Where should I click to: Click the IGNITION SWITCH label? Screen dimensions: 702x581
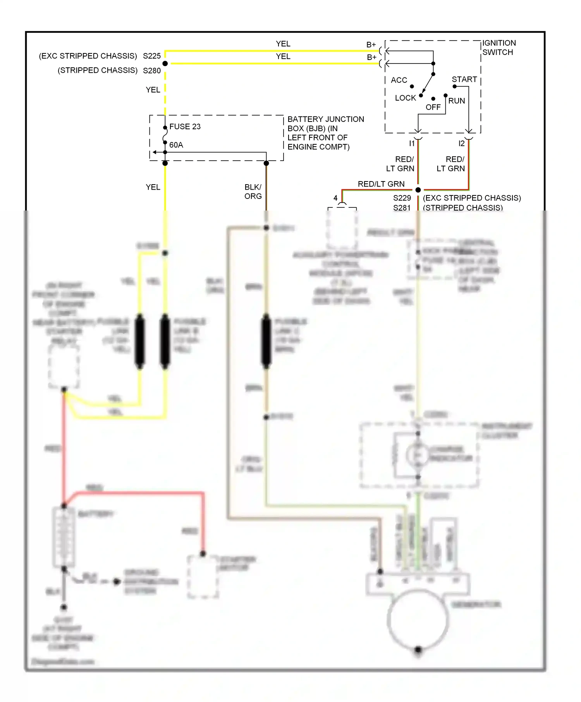pyautogui.click(x=498, y=48)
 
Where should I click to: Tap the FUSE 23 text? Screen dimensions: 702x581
pyautogui.click(x=185, y=127)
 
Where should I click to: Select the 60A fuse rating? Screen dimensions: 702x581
pyautogui.click(x=176, y=145)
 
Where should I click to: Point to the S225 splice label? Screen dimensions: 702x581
pyautogui.click(x=151, y=56)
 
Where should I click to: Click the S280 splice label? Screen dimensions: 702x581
pyautogui.click(x=151, y=70)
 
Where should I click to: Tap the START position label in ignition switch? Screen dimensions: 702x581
pyautogui.click(x=464, y=79)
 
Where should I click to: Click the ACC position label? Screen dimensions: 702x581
pyautogui.click(x=399, y=80)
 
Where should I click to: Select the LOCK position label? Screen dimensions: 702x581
pyautogui.click(x=405, y=98)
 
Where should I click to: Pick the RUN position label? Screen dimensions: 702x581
pyautogui.click(x=456, y=101)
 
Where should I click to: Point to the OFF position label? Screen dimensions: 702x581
pyautogui.click(x=433, y=107)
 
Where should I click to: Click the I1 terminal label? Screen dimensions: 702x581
pyautogui.click(x=412, y=144)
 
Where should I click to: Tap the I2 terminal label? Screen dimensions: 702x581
pyautogui.click(x=461, y=144)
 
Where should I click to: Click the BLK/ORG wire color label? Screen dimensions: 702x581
pyautogui.click(x=253, y=192)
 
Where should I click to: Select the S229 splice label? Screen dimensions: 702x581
pyautogui.click(x=402, y=198)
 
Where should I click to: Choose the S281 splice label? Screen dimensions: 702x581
pyautogui.click(x=402, y=208)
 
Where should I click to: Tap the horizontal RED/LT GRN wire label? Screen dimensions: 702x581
pyautogui.click(x=381, y=184)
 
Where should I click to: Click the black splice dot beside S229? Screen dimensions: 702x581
pyautogui.click(x=418, y=190)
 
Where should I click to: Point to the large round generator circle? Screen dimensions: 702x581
pyautogui.click(x=418, y=619)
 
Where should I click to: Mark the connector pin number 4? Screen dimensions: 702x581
pyautogui.click(x=335, y=198)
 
